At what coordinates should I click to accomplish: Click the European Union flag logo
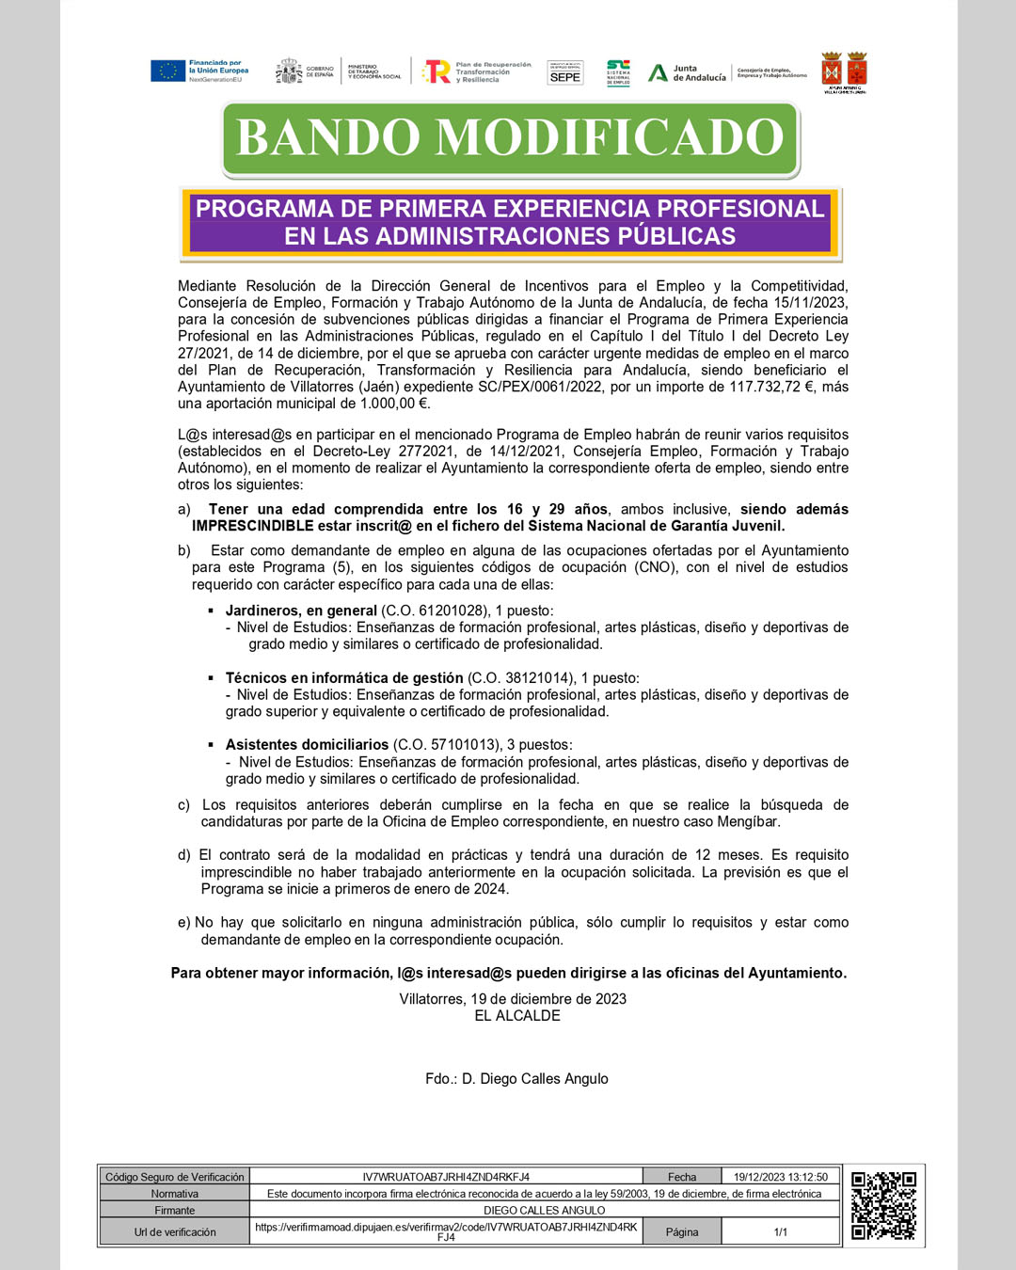(168, 71)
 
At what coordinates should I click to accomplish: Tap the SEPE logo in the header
(564, 73)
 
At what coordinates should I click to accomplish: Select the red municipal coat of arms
(844, 71)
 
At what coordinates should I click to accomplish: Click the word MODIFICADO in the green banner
(610, 137)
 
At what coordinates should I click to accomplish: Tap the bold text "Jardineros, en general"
(301, 611)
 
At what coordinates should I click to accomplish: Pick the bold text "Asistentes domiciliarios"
(307, 745)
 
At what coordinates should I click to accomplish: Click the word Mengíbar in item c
(749, 822)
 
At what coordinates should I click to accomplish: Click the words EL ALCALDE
(517, 1016)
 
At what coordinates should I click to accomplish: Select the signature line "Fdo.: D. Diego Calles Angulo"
(516, 1079)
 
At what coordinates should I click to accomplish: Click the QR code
(883, 1205)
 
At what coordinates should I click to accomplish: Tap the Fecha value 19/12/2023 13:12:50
(781, 1177)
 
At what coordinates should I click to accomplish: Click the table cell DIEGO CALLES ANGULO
(544, 1211)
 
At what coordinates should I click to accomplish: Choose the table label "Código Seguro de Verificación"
(175, 1177)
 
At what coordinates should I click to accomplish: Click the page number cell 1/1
(781, 1231)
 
